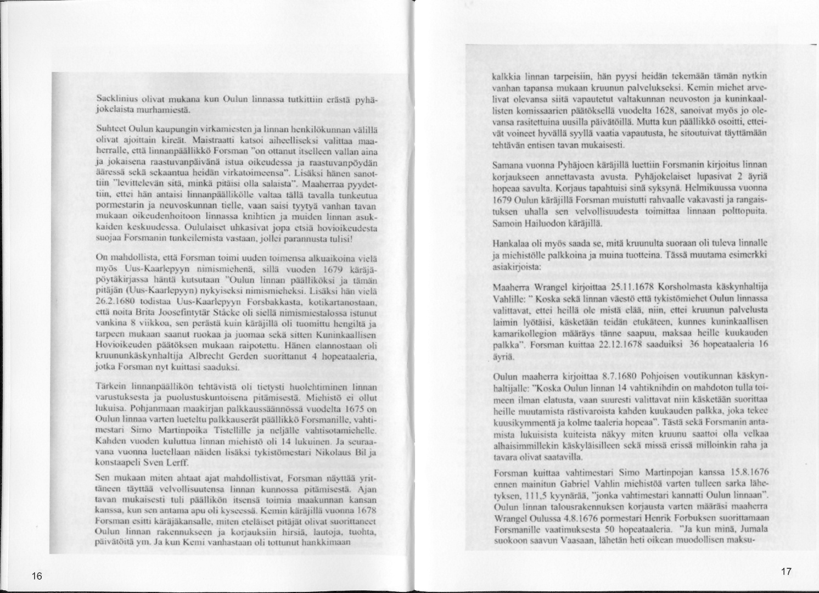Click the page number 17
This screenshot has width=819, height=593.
(786, 572)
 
